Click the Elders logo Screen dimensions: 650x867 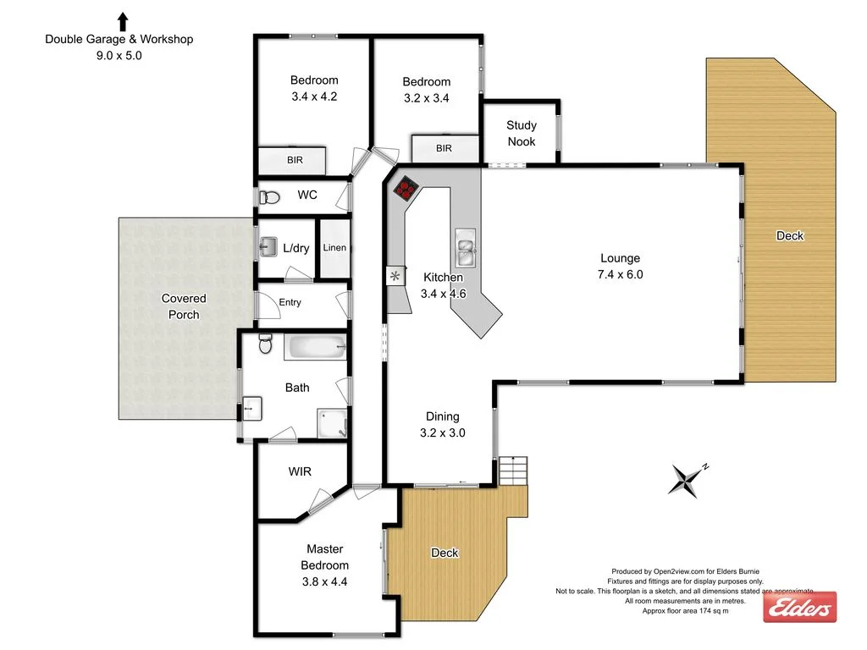(800, 608)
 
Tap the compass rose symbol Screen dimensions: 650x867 (687, 479)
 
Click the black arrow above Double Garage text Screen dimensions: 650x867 (123, 21)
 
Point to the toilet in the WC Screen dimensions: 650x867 (269, 197)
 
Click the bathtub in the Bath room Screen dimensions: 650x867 (315, 346)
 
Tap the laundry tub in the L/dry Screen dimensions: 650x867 (268, 247)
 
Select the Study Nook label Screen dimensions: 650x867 (522, 134)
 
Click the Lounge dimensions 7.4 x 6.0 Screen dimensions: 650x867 (620, 274)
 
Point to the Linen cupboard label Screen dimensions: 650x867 (334, 248)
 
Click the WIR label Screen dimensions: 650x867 (300, 471)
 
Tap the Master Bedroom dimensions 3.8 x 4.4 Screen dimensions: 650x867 (324, 581)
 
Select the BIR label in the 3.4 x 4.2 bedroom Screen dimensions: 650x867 (295, 159)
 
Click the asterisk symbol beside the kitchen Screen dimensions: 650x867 (395, 276)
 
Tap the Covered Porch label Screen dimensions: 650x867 (184, 306)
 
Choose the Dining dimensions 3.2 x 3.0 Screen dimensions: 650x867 (442, 432)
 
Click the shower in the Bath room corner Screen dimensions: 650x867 (332, 423)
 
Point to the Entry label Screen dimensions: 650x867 (290, 303)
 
